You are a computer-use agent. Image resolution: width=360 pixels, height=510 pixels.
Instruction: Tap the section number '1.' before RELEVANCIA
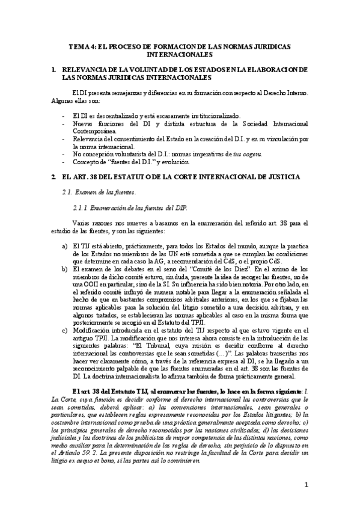[x=55, y=70]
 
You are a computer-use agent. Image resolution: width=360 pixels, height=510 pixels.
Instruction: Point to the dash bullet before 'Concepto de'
[x=64, y=162]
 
